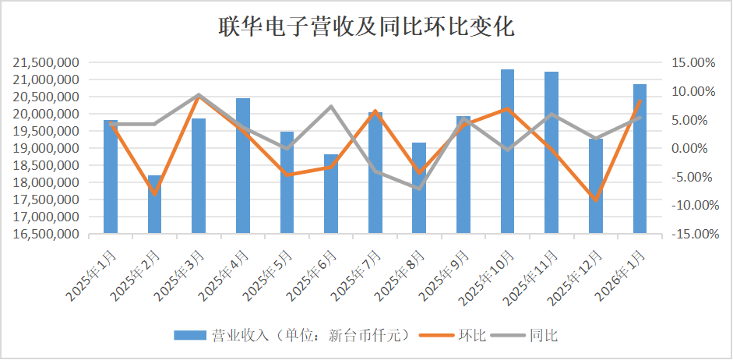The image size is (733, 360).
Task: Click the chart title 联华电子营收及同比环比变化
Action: (x=365, y=27)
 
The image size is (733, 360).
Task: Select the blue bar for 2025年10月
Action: (x=507, y=151)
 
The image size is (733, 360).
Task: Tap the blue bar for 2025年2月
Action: (x=154, y=204)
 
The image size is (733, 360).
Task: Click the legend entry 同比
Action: (x=543, y=336)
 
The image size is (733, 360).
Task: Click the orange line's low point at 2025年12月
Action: (x=595, y=200)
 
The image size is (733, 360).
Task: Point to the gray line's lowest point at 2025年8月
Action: (x=419, y=189)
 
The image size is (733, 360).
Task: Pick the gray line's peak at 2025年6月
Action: (x=331, y=106)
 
